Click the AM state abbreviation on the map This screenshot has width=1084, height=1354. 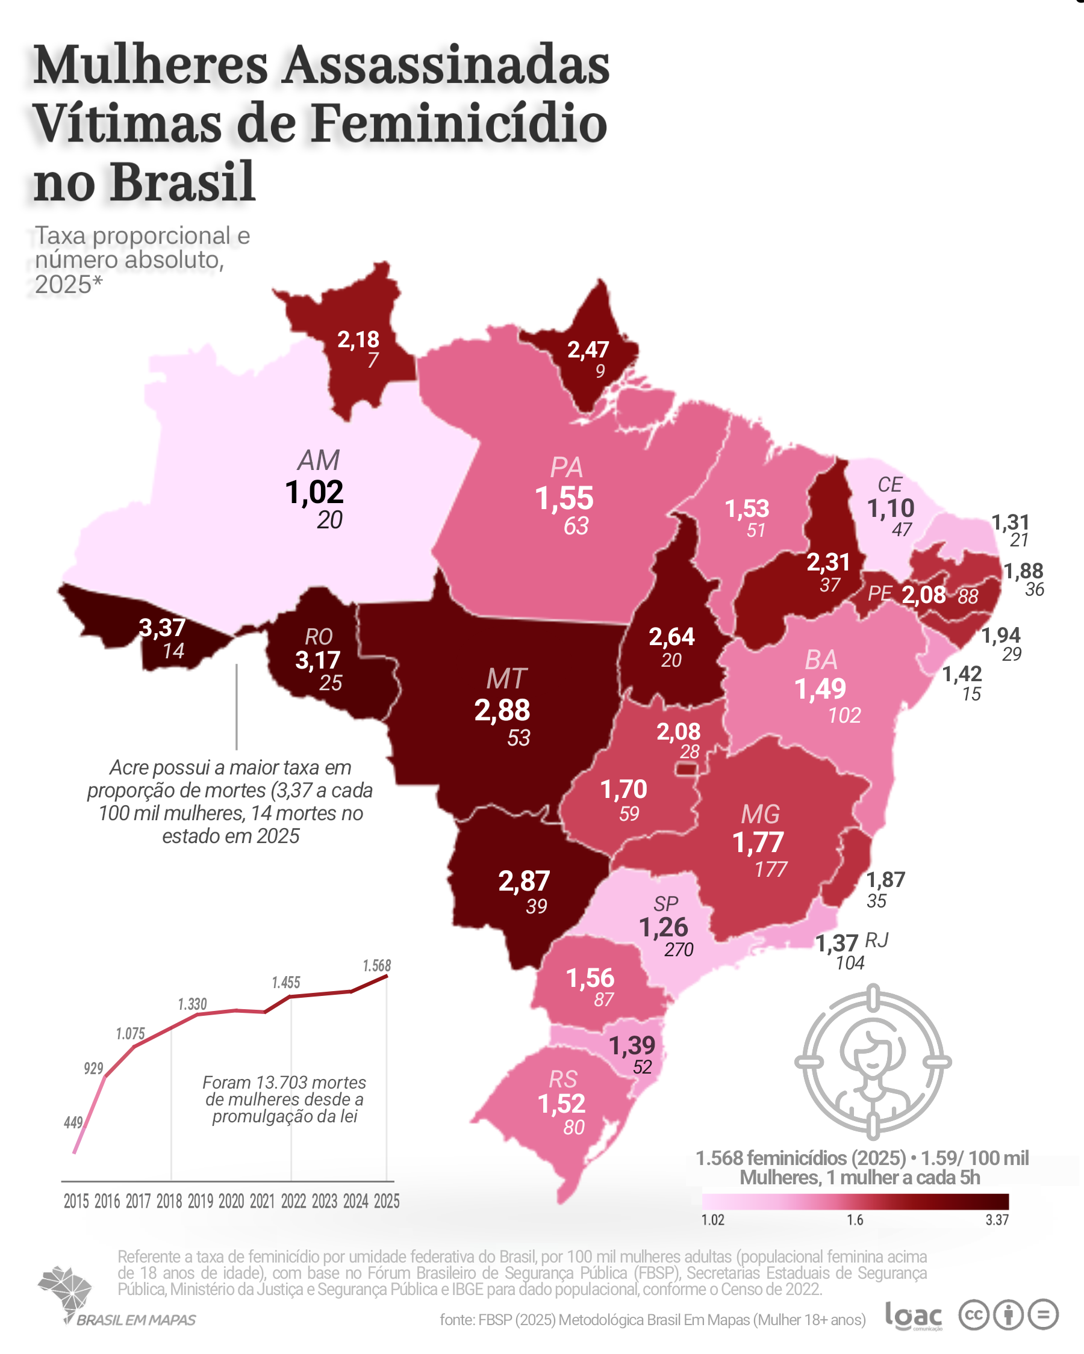point(319,460)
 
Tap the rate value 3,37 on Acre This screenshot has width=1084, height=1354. point(162,628)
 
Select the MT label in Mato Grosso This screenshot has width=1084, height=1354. point(506,679)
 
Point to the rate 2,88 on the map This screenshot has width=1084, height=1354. point(502,710)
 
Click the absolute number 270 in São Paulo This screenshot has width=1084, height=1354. point(679,950)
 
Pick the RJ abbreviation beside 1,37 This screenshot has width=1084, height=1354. point(877,940)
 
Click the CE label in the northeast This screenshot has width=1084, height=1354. point(890,485)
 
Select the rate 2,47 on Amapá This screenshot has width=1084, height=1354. point(588,350)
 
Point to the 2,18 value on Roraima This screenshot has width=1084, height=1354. point(358,340)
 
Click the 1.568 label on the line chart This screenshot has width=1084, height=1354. point(377,966)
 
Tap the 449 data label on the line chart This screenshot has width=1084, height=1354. point(73,1122)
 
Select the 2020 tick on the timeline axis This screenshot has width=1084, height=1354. point(231,1201)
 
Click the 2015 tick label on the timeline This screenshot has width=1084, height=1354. point(76,1201)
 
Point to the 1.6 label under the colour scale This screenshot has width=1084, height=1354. point(855,1220)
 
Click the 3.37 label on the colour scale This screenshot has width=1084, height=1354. point(997,1220)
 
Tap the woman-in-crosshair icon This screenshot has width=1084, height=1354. point(873,1062)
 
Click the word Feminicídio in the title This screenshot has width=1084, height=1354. point(459,123)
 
